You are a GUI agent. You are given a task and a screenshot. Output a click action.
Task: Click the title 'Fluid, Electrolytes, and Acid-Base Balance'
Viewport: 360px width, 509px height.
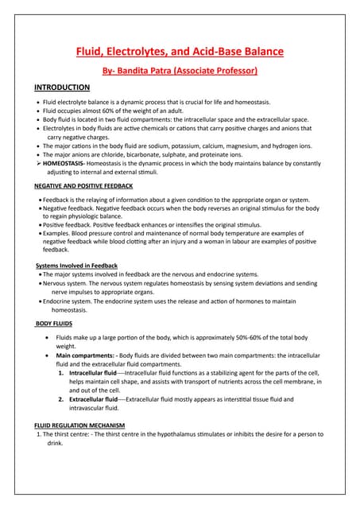179,52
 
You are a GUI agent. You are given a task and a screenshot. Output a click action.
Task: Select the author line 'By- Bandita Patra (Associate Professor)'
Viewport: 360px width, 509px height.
179,71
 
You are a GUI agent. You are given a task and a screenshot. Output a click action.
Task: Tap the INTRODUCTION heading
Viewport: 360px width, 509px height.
62,87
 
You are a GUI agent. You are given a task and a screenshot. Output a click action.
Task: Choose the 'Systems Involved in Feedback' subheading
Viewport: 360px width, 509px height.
77,265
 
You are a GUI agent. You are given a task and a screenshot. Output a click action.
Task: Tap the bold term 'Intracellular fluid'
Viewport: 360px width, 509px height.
92,372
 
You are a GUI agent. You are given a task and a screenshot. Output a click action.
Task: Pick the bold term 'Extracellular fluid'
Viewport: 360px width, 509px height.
93,399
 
